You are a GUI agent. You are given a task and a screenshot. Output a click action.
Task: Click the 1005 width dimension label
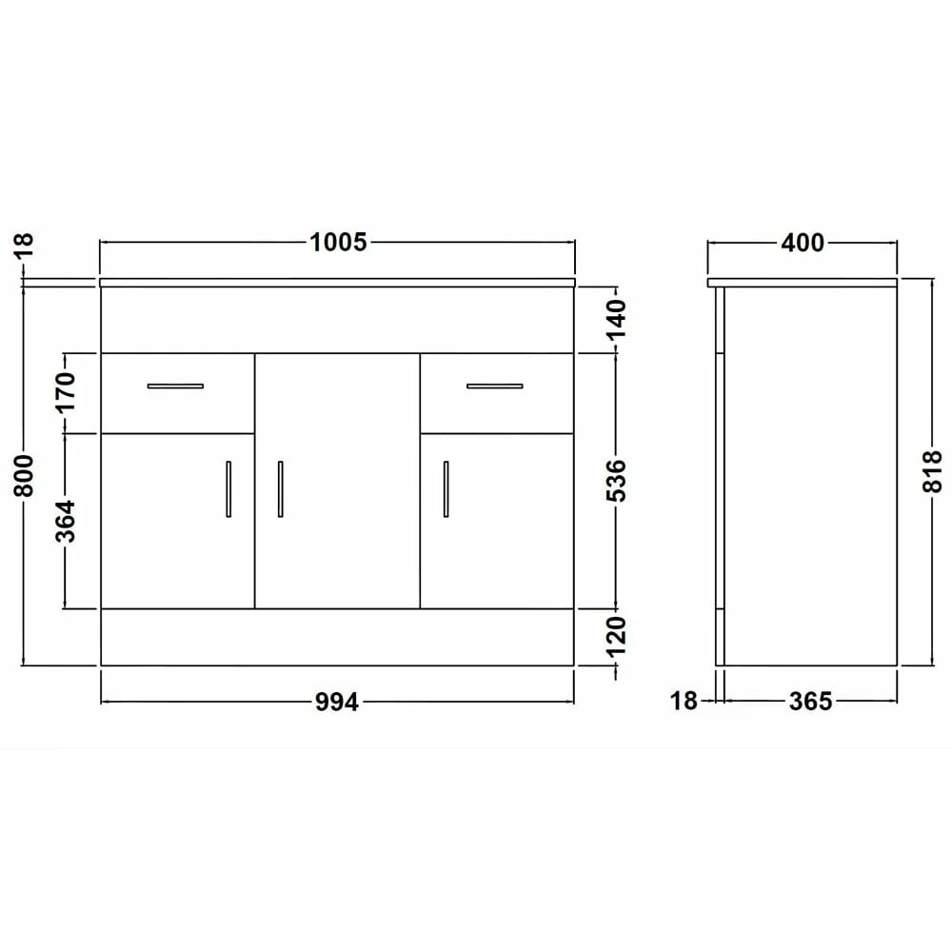[x=338, y=243]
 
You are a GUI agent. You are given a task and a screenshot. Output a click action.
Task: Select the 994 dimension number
[x=337, y=703]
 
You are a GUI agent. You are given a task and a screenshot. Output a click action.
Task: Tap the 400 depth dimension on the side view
[x=803, y=243]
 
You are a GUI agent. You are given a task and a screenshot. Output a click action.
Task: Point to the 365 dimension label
[x=809, y=703]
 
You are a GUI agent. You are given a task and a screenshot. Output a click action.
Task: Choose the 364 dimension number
[x=65, y=521]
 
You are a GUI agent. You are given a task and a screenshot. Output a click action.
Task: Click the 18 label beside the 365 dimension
[x=684, y=703]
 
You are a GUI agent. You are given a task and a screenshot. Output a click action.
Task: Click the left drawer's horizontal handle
[x=175, y=386]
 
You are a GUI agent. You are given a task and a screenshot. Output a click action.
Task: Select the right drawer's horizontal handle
[x=494, y=386]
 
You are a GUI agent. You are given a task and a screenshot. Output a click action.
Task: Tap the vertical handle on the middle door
[x=280, y=489]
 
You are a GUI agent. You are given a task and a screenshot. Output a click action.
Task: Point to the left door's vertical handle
[x=228, y=489]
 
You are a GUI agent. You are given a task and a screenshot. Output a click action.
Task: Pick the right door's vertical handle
[x=445, y=489]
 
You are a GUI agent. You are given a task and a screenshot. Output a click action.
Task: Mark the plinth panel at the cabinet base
[x=337, y=637]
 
